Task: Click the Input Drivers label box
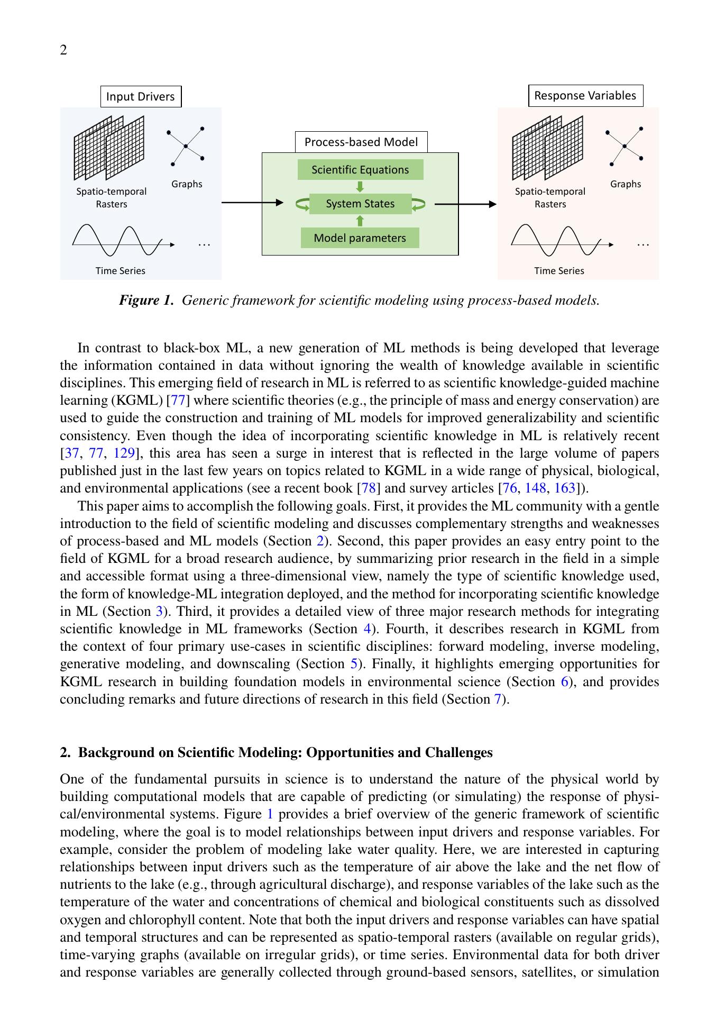(140, 97)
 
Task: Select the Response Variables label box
(585, 96)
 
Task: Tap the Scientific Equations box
(360, 170)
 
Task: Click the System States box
(360, 204)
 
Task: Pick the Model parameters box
(360, 238)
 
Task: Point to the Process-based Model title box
(361, 142)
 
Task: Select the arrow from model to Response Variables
(465, 204)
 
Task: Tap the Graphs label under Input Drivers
(187, 184)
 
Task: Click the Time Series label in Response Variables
(559, 271)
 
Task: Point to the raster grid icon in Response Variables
(547, 148)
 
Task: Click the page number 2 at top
(63, 50)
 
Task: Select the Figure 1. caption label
(146, 300)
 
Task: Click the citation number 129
(124, 453)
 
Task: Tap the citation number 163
(564, 488)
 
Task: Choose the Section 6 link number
(564, 681)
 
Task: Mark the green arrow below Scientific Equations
(360, 187)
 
